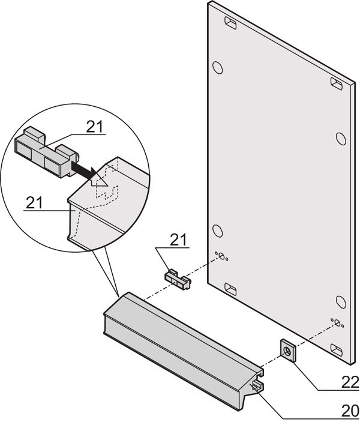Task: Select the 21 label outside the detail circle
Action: pyautogui.click(x=178, y=240)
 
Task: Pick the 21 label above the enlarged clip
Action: pyautogui.click(x=94, y=127)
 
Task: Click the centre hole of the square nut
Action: pyautogui.click(x=287, y=351)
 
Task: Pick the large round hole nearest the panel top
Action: pyautogui.click(x=218, y=66)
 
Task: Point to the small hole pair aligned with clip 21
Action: pyautogui.click(x=222, y=257)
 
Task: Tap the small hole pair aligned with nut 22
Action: pyautogui.click(x=337, y=323)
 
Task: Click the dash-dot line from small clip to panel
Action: pyautogui.click(x=201, y=267)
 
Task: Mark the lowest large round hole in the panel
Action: pyautogui.click(x=340, y=301)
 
